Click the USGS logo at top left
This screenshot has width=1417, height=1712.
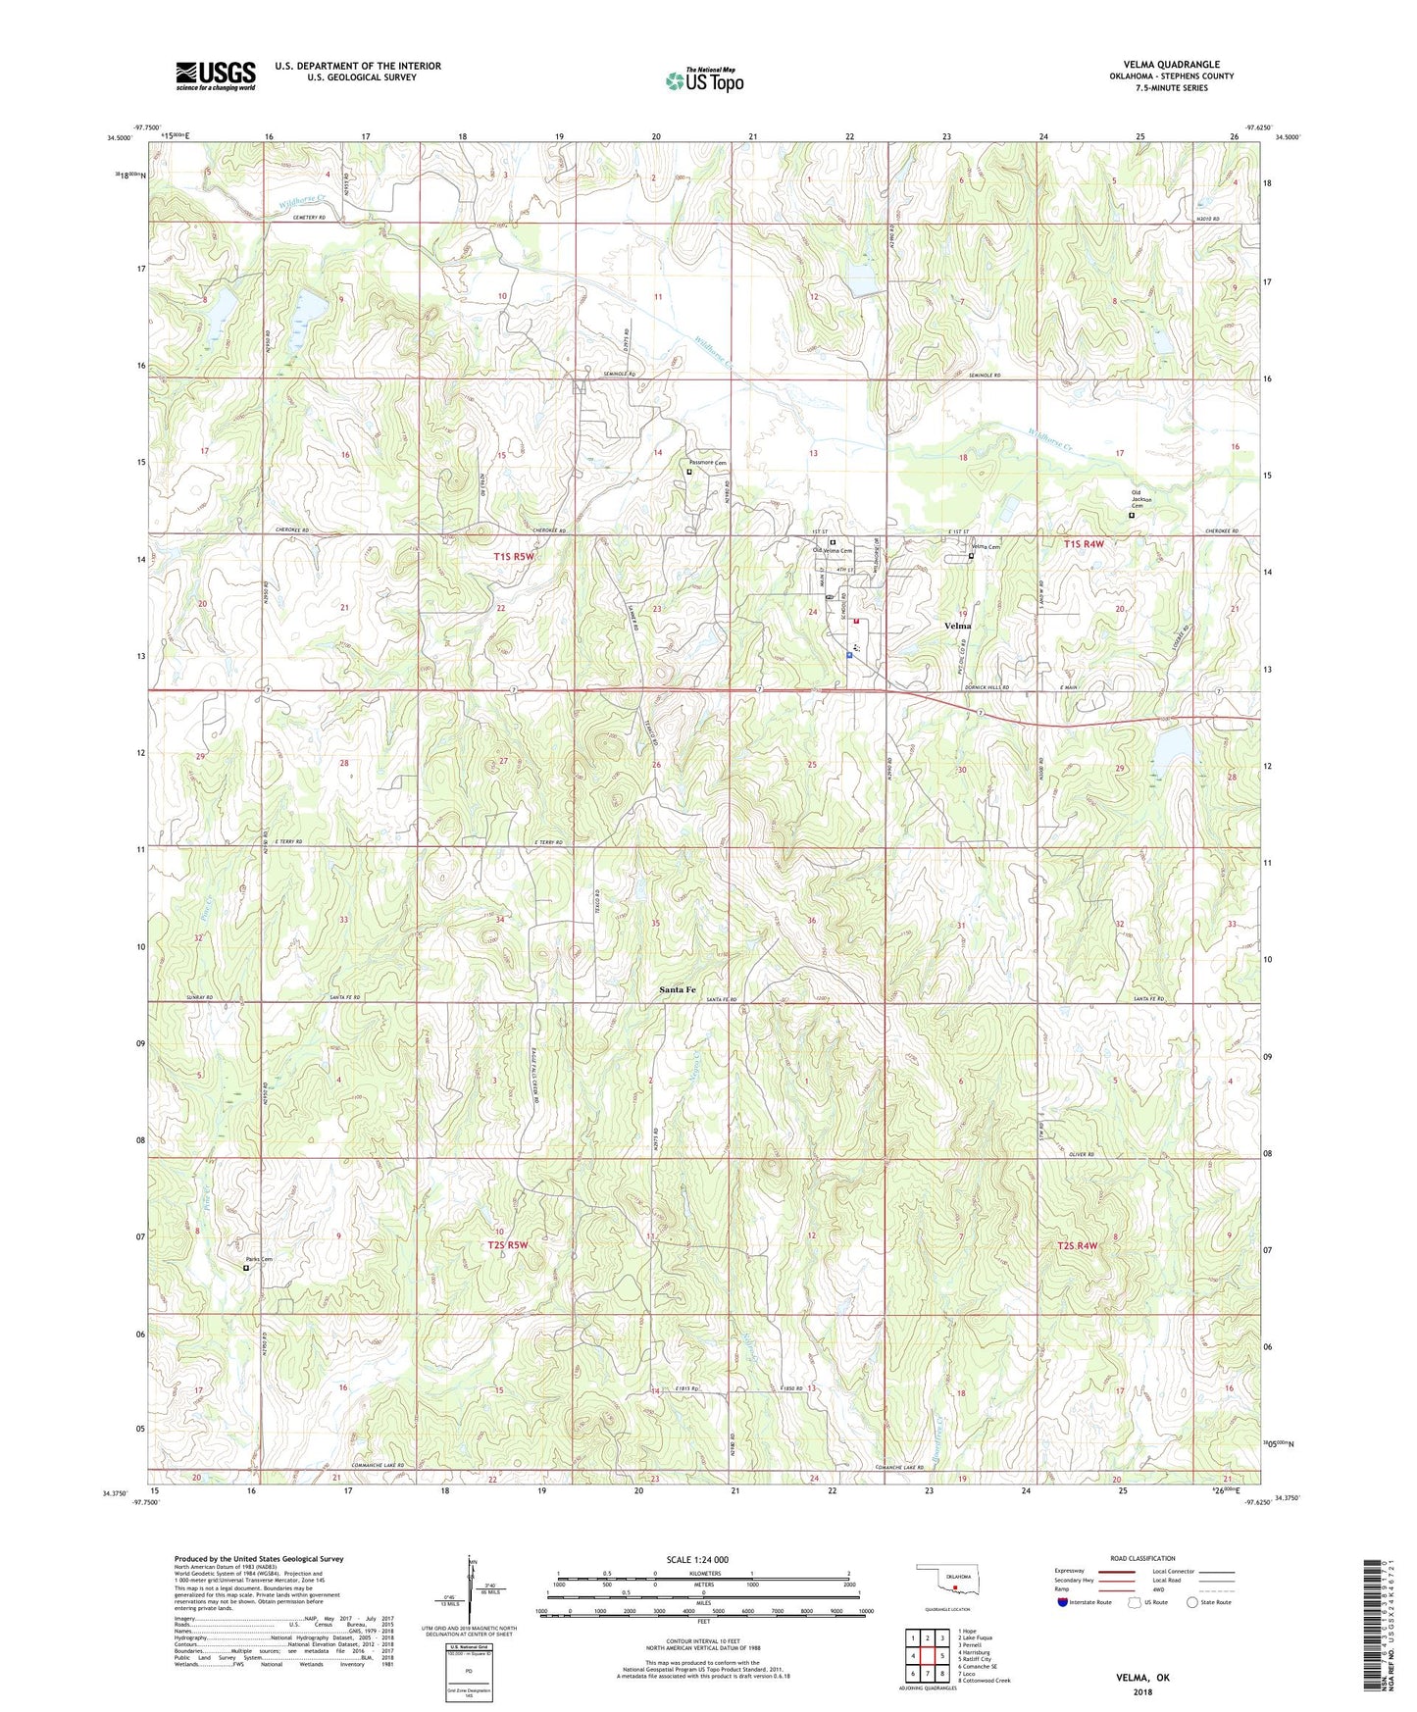[x=215, y=76]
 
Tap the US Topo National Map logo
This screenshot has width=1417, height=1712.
[x=704, y=80]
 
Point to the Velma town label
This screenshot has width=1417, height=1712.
[x=957, y=626]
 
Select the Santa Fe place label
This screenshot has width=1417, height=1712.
[x=677, y=990]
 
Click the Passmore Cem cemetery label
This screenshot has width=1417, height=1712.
[x=707, y=463]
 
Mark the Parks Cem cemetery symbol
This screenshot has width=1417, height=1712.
[x=246, y=1268]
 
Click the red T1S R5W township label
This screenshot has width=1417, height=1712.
[x=514, y=557]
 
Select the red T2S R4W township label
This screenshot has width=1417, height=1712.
[x=1077, y=1245]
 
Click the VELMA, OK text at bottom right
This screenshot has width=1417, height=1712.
[x=1142, y=1678]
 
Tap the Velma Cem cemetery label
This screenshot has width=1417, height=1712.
[x=985, y=547]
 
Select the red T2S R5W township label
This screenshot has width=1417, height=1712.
[x=508, y=1245]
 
